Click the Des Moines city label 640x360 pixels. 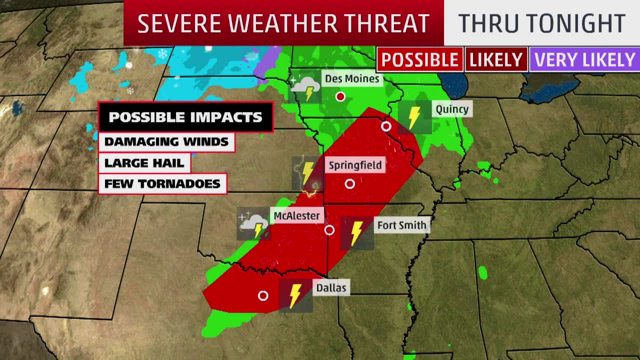click(352, 78)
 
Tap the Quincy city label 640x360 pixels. click(452, 109)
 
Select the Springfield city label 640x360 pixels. click(355, 165)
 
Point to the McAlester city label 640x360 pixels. click(296, 216)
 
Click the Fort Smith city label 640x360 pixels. click(401, 225)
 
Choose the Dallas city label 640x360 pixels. click(331, 288)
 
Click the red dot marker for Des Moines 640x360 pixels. click(340, 96)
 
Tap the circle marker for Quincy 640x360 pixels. click(386, 126)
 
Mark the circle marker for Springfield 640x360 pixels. click(350, 184)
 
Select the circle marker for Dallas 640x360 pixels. click(263, 296)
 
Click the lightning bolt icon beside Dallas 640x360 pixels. click(295, 295)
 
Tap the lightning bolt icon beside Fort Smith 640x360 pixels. click(356, 233)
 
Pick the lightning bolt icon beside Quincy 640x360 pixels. click(414, 117)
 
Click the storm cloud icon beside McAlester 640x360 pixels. click(253, 224)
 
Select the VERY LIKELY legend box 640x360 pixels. click(584, 60)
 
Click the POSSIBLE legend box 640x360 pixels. click(420, 60)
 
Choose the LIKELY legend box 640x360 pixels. click(496, 60)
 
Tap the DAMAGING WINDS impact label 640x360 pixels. click(166, 141)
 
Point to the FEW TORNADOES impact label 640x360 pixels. click(162, 183)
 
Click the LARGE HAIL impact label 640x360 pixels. click(144, 162)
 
